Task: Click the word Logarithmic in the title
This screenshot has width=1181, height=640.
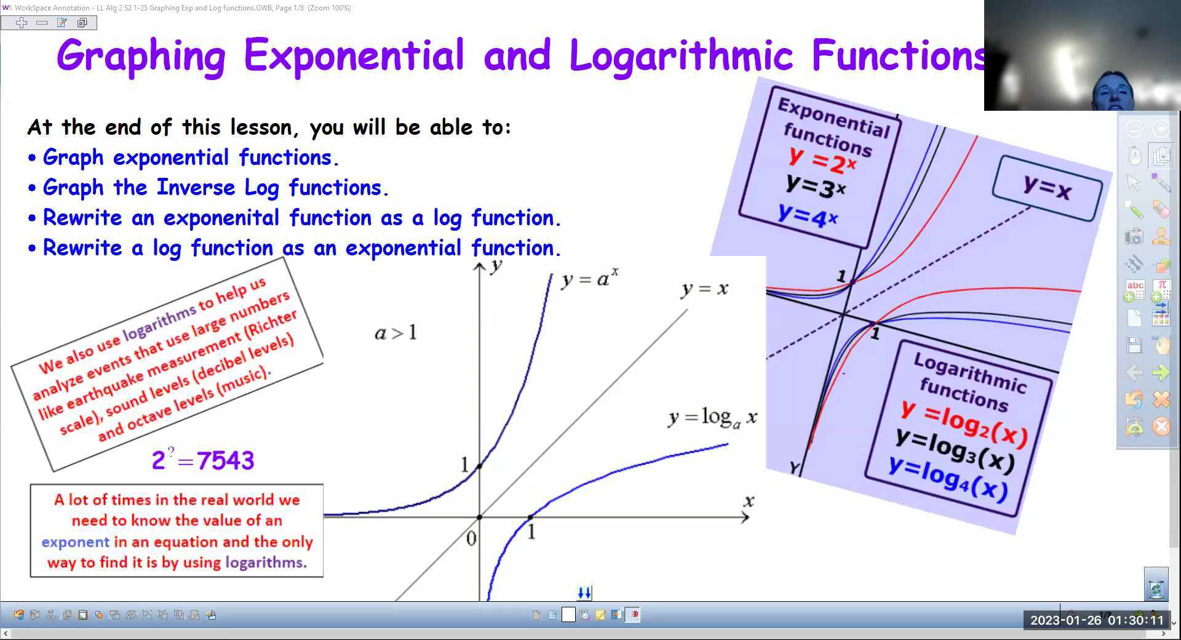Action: click(x=681, y=55)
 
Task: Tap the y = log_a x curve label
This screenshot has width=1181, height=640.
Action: click(x=712, y=418)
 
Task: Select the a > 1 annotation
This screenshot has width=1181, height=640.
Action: click(x=396, y=333)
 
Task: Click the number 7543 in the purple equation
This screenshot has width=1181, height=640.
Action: click(x=225, y=460)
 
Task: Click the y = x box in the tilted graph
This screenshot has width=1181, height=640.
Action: click(x=1047, y=187)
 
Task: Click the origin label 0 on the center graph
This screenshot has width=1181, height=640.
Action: click(x=471, y=538)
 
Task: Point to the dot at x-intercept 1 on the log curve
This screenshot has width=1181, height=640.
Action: click(x=530, y=518)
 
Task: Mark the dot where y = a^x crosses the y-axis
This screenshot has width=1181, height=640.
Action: click(x=480, y=466)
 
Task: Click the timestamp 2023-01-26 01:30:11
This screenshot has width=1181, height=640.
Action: click(x=1097, y=620)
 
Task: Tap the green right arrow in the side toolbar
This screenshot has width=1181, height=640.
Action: click(x=1160, y=372)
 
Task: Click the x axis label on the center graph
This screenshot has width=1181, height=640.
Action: click(x=749, y=501)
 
